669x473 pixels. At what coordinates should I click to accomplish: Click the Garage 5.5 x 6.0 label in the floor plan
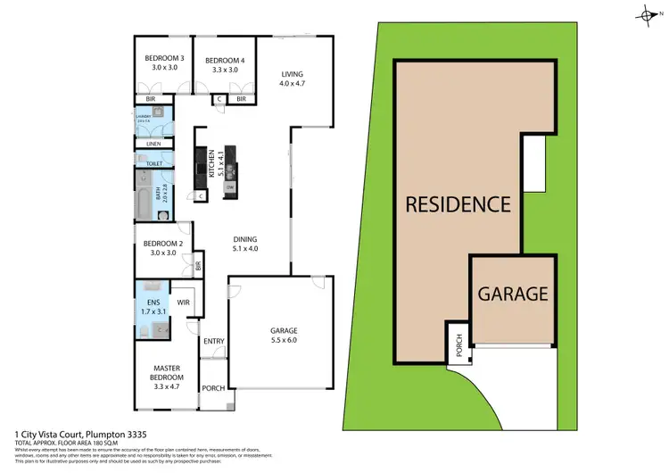(x=283, y=335)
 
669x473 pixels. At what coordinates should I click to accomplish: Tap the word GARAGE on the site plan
(x=512, y=293)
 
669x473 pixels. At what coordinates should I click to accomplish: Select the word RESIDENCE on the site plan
(x=458, y=203)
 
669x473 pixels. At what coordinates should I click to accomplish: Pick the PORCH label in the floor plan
(x=213, y=388)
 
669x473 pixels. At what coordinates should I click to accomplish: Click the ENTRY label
(x=213, y=341)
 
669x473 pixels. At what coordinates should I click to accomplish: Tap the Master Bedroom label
(x=167, y=372)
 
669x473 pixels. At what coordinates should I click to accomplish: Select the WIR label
(x=184, y=303)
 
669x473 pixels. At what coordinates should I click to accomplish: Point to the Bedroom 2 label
(x=157, y=244)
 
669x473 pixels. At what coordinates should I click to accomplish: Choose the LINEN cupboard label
(x=153, y=144)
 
